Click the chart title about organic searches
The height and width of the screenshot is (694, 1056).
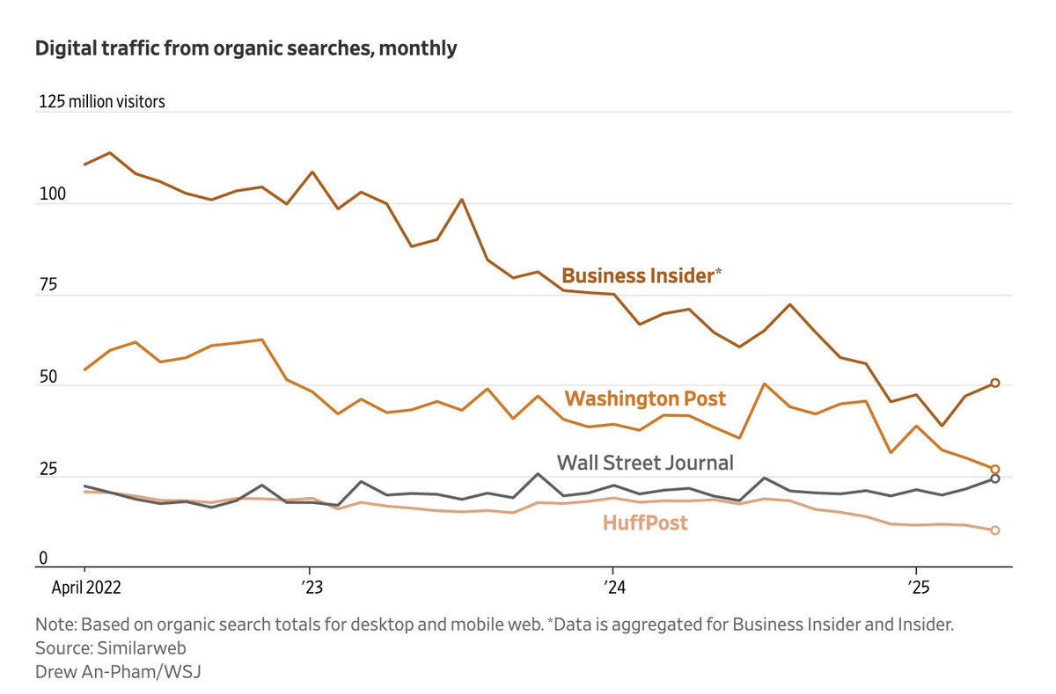246,48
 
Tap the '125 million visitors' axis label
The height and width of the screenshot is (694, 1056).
101,102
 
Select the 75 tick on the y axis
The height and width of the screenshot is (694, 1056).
46,285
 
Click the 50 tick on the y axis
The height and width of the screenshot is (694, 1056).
46,376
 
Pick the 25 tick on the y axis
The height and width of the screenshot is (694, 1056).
46,468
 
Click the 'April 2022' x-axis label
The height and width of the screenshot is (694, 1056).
85,586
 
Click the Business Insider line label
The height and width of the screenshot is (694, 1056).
642,275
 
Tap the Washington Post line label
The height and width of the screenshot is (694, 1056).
645,398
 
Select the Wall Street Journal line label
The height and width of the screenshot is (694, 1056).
644,462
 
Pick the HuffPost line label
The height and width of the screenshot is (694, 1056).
645,523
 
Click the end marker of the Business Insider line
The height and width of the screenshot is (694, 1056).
995,383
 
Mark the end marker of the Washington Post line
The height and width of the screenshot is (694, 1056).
995,470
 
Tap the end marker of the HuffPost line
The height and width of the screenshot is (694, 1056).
995,530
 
